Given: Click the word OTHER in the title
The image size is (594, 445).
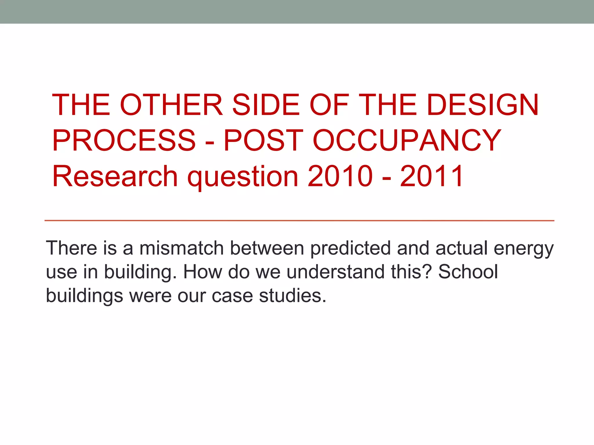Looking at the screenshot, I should pos(171,105).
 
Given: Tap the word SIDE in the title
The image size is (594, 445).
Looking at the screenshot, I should pos(266,105).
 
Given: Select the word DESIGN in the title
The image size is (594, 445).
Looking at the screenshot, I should pos(483,105).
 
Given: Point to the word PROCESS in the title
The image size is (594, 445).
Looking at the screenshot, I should pos(124,141).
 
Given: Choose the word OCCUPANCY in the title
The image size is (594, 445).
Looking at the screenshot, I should pos(407,141).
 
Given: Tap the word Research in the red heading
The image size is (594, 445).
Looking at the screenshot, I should pos(115,176).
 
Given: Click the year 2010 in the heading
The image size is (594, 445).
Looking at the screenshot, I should pos(340,176).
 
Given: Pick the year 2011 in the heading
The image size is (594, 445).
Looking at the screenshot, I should pos(431,176).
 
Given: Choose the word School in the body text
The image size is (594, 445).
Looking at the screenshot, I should pos(468,272).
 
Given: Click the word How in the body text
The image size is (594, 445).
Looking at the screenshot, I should pos(202,272).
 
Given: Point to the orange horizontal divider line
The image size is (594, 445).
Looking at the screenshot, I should pos(299,221).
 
